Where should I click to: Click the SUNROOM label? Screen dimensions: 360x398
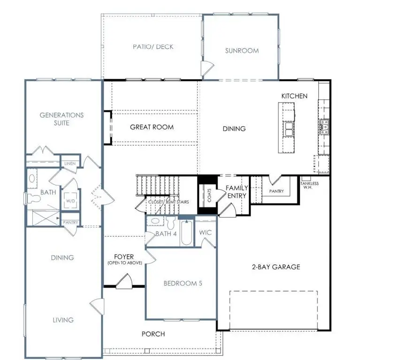click(x=242, y=51)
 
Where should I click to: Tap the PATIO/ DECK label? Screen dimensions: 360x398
click(x=153, y=47)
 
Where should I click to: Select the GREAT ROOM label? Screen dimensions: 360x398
click(x=152, y=127)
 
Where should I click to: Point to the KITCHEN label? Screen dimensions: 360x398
click(x=294, y=96)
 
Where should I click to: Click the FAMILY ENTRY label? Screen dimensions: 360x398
click(x=237, y=192)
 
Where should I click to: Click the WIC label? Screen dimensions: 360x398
click(x=206, y=232)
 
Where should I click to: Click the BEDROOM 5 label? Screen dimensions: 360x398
click(x=183, y=283)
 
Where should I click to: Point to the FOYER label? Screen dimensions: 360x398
click(x=124, y=257)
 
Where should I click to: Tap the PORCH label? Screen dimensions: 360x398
click(x=153, y=334)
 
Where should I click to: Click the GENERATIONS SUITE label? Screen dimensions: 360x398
click(x=61, y=119)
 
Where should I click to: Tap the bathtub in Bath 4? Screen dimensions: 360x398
click(x=186, y=233)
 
